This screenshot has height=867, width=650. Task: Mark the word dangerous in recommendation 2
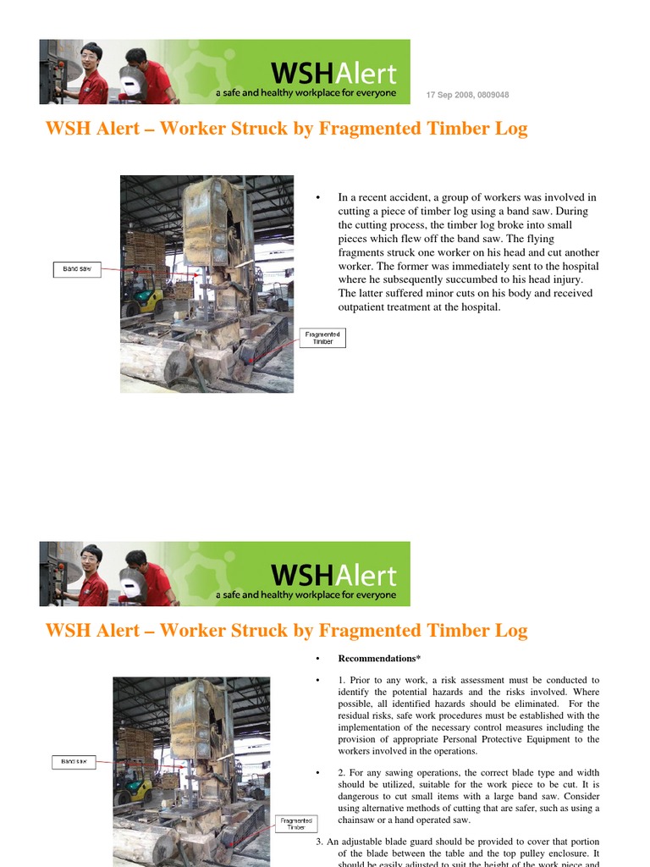pyautogui.click(x=364, y=796)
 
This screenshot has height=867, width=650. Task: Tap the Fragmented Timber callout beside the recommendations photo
pyautogui.click(x=296, y=824)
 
